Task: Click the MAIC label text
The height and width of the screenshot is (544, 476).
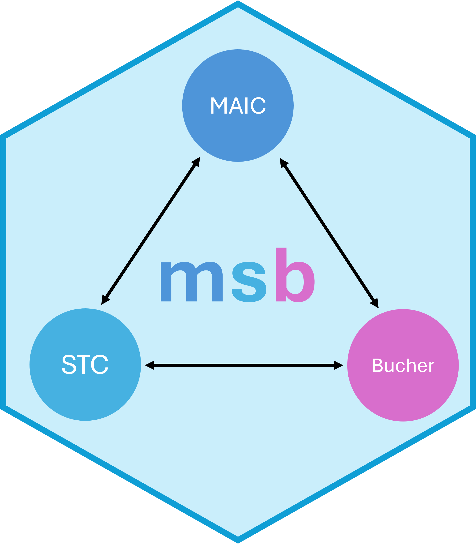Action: point(238,106)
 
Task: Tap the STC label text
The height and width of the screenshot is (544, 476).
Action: point(85,364)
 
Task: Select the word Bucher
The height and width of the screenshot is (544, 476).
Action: point(403,365)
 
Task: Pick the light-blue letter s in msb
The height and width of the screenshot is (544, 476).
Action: point(249,282)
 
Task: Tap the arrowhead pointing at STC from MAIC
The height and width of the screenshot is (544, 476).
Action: point(104,300)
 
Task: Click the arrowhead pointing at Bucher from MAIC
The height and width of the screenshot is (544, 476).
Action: point(375,303)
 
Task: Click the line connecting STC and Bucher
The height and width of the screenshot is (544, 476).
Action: point(244,365)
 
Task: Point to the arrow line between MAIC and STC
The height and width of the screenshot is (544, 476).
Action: point(150,231)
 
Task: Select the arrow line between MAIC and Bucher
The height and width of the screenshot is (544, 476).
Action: point(329,233)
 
